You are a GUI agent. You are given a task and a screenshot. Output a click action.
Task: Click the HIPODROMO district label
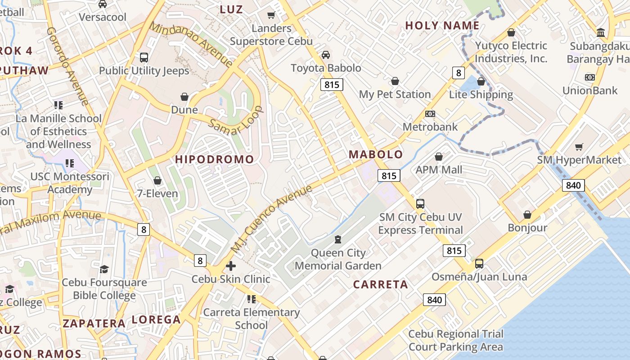click(215, 159)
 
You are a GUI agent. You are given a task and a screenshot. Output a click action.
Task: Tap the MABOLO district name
click(376, 154)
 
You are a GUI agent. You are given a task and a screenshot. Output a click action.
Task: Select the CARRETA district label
click(380, 284)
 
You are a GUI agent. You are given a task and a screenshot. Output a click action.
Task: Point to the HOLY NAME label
click(442, 26)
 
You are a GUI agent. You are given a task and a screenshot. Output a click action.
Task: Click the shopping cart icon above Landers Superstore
click(271, 15)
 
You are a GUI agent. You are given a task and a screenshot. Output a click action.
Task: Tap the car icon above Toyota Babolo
click(326, 55)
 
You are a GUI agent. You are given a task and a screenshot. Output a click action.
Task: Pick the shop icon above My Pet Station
click(395, 81)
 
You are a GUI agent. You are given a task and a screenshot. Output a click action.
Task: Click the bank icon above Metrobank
click(430, 114)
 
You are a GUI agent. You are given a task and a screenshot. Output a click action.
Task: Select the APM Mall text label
click(439, 170)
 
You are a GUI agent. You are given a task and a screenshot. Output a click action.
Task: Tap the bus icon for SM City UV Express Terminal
click(420, 204)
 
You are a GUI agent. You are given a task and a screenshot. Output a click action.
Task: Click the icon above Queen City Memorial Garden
click(338, 239)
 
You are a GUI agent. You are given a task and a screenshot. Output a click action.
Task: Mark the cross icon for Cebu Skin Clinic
click(231, 266)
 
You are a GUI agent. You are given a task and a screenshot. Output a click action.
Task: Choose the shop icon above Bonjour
click(527, 215)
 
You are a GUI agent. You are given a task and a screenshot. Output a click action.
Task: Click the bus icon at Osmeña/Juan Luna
click(479, 263)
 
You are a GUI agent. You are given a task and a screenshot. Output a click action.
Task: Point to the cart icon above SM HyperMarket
click(579, 147)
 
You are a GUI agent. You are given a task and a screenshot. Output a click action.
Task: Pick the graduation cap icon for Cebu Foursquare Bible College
click(104, 269)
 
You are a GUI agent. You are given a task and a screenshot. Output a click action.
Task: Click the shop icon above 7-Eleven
click(157, 181)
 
